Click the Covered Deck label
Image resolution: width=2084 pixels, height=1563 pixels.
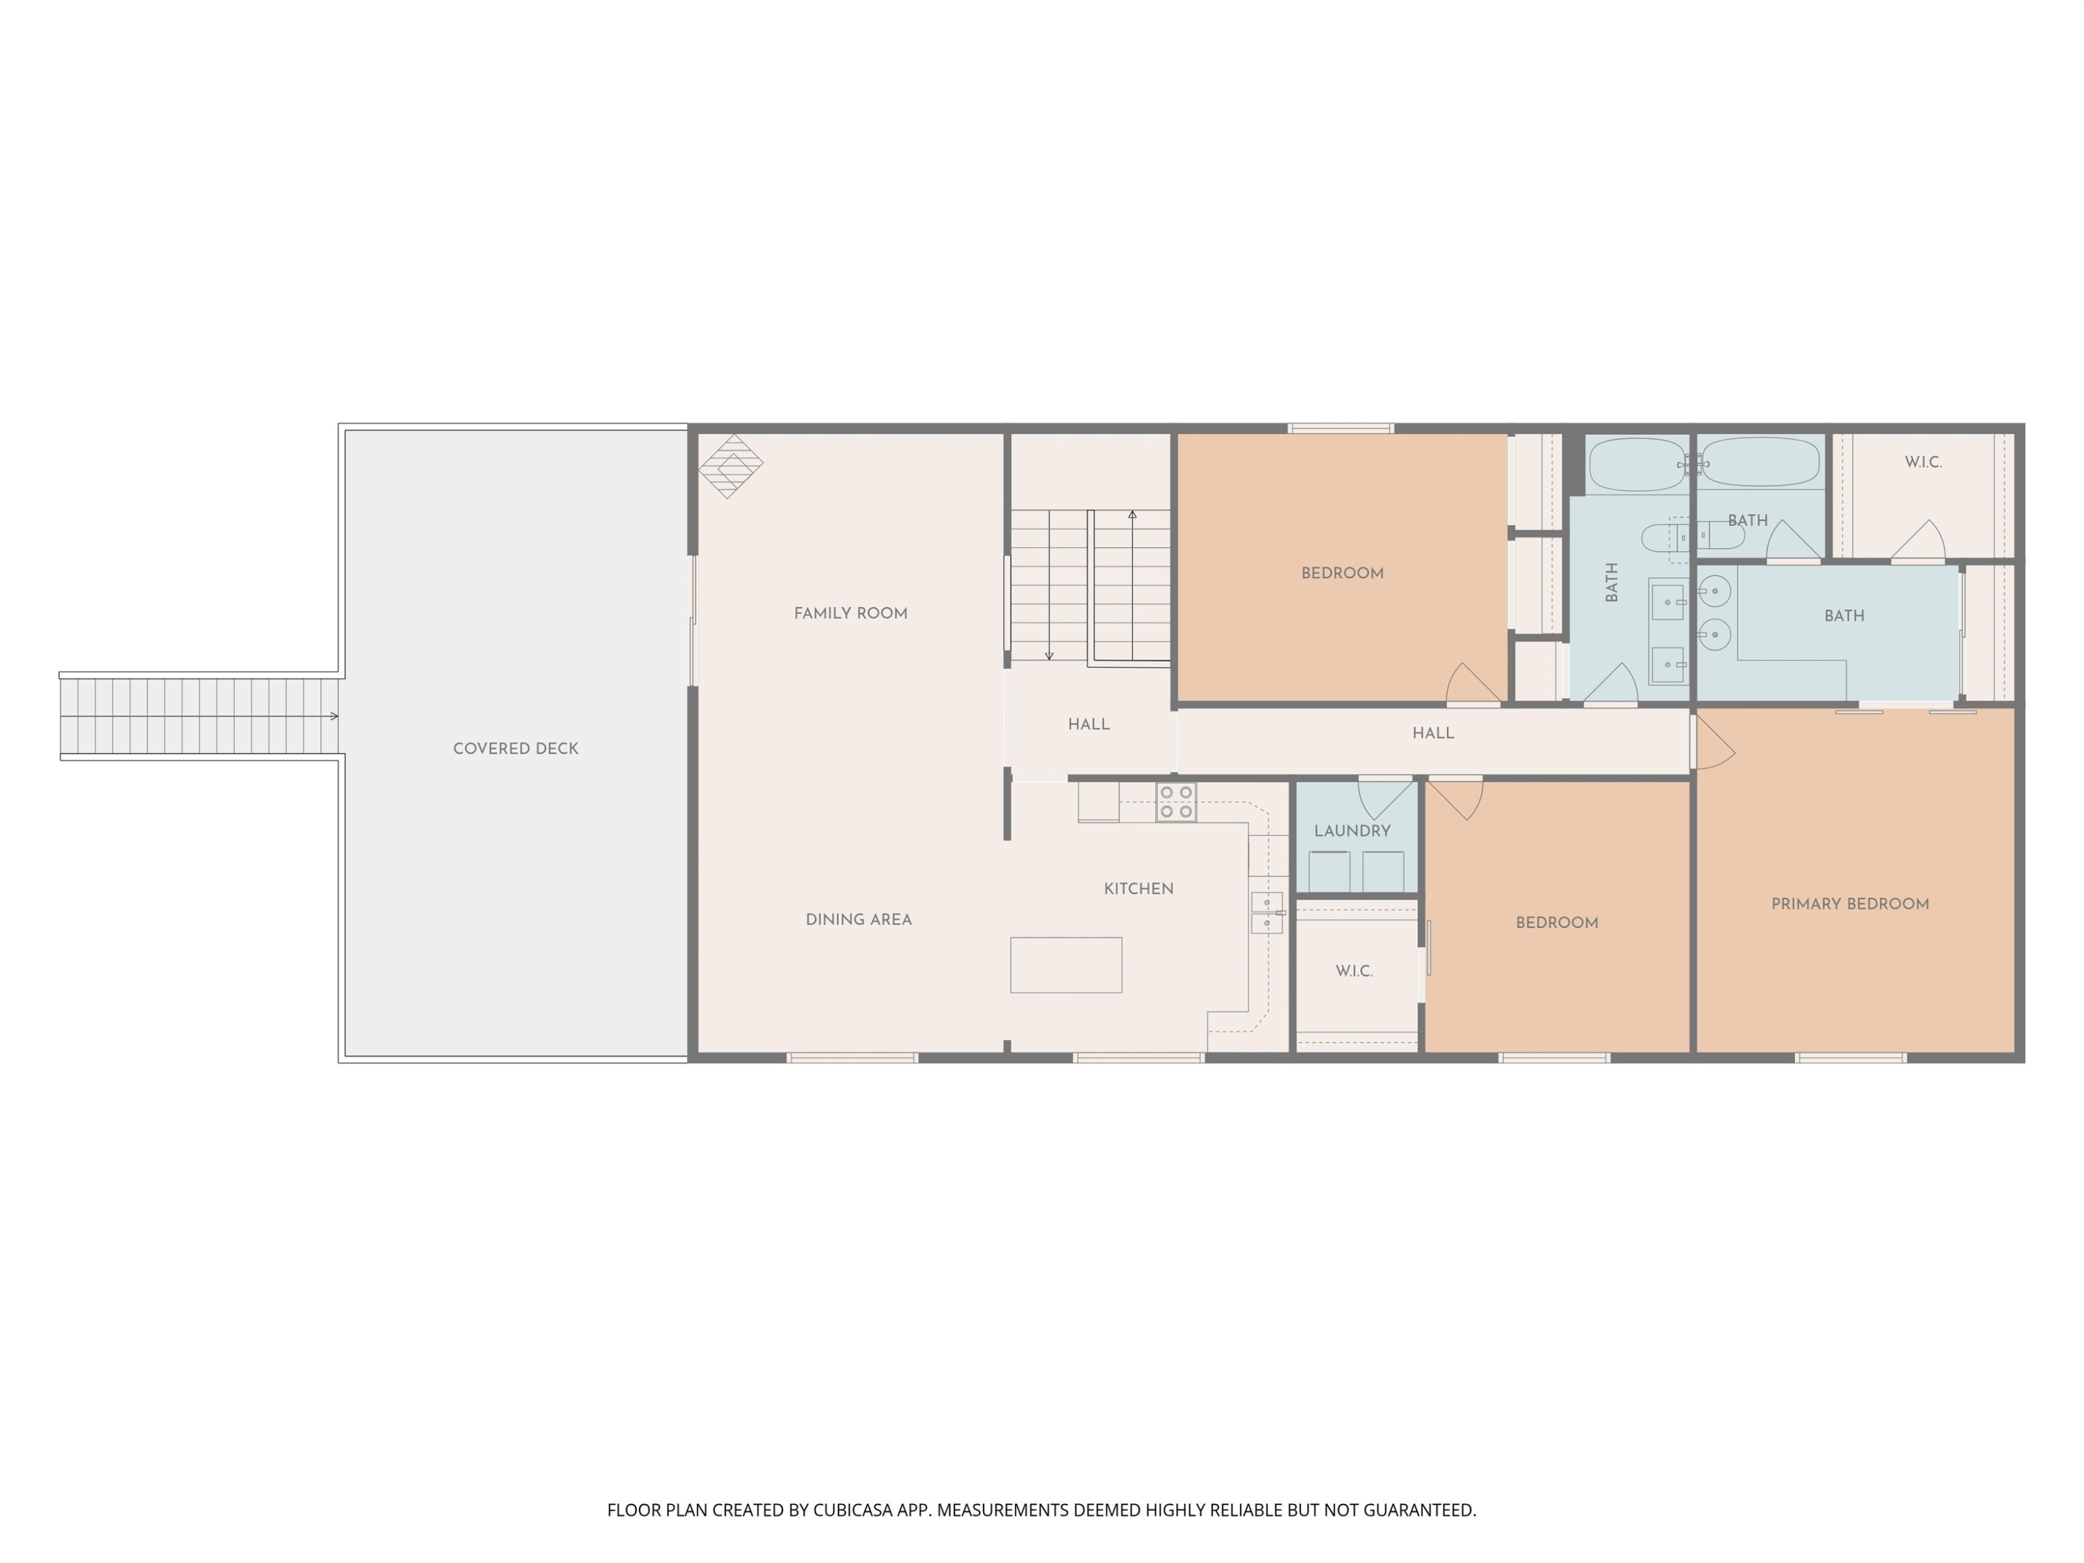click(515, 749)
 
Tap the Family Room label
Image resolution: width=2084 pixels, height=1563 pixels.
click(851, 613)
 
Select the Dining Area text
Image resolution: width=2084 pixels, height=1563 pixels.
click(859, 920)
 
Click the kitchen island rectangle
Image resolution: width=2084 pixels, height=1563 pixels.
click(1066, 965)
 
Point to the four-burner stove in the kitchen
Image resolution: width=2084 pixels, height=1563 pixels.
click(1176, 802)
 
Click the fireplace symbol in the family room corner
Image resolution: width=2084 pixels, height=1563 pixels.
click(730, 465)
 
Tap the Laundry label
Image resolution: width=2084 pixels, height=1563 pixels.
click(1352, 831)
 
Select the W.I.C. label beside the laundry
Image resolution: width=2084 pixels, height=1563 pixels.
click(1354, 971)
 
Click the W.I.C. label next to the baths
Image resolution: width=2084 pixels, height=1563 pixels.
click(1923, 463)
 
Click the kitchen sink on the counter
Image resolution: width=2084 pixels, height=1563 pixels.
click(1266, 912)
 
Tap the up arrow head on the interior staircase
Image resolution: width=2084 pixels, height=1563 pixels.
click(1132, 515)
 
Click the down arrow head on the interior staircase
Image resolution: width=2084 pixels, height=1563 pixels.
click(1048, 656)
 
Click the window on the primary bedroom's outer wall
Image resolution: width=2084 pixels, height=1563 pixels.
click(1851, 1058)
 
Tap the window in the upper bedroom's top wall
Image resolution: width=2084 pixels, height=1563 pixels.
click(1341, 429)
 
